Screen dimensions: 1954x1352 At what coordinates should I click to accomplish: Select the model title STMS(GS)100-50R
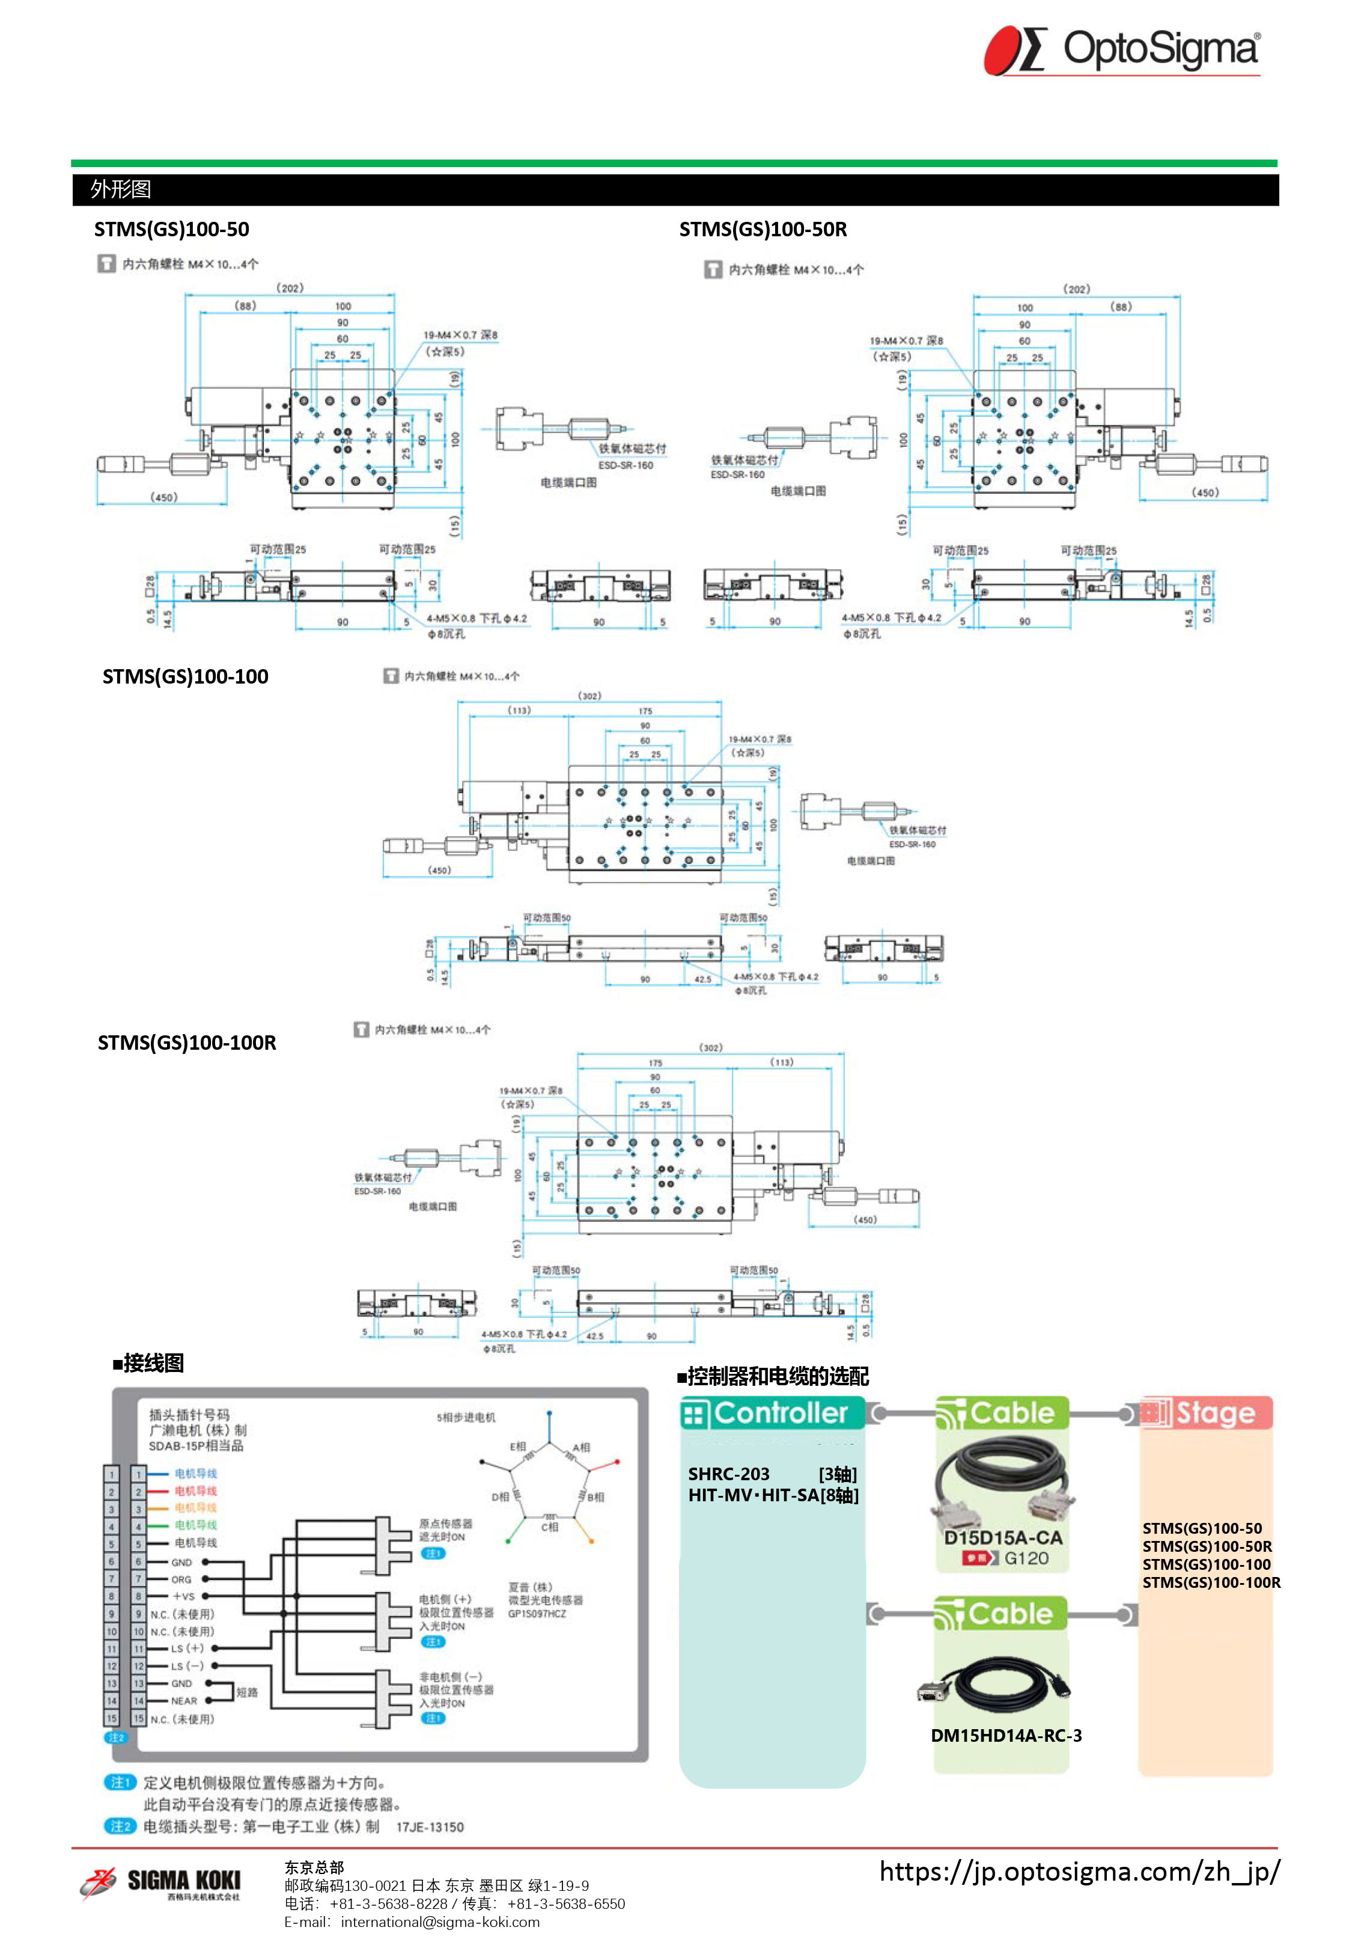click(763, 230)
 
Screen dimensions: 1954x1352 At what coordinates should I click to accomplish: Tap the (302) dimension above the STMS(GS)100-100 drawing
click(589, 696)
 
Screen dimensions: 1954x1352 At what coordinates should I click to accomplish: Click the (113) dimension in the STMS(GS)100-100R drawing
click(782, 1062)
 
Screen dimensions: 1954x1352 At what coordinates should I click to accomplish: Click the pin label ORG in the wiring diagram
click(181, 1579)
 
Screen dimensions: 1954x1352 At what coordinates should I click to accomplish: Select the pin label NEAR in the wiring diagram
click(184, 1701)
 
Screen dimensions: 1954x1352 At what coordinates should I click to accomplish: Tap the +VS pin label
click(183, 1596)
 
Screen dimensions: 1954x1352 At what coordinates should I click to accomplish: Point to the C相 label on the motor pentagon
click(550, 1527)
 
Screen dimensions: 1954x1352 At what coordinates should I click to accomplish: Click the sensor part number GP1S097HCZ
click(537, 1613)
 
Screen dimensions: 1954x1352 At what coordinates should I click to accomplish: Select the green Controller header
click(772, 1412)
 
